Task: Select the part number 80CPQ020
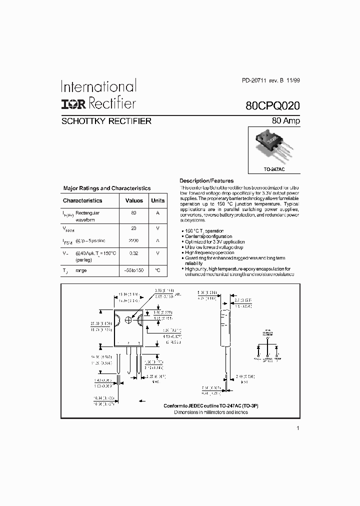[273, 106]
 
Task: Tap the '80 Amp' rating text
[286, 120]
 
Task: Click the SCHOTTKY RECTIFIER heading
[106, 121]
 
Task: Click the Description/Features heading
[206, 180]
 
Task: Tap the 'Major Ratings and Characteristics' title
[106, 188]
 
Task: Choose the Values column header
[133, 200]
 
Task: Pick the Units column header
[157, 200]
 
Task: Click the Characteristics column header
[82, 200]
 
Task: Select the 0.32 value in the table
[133, 253]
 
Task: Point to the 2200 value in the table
[133, 240]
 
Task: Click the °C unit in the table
[157, 270]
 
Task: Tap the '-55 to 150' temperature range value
[133, 270]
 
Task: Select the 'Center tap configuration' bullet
[208, 236]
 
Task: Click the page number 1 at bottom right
[298, 428]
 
